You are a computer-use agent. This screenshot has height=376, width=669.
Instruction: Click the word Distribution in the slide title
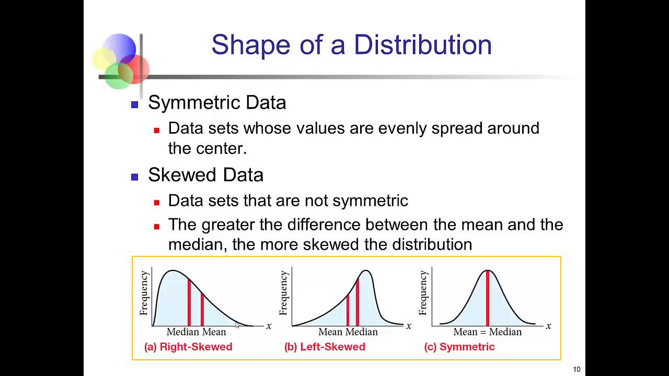[x=423, y=45]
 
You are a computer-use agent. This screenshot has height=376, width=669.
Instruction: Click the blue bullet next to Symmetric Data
[x=135, y=104]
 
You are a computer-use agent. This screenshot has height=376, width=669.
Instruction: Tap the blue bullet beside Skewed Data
[x=135, y=177]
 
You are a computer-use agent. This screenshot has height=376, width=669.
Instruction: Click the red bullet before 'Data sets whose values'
[x=156, y=130]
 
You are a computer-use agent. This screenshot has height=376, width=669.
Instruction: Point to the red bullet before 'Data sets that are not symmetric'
[x=156, y=203]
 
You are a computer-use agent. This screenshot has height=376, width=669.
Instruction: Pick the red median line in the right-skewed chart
[x=189, y=302]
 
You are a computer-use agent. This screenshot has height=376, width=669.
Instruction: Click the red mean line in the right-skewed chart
[x=202, y=310]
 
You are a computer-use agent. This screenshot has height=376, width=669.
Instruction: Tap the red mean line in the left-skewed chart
[x=348, y=310]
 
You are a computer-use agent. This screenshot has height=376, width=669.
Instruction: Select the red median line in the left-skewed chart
[x=357, y=302]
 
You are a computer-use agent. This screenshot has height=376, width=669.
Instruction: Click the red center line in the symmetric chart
[x=488, y=298]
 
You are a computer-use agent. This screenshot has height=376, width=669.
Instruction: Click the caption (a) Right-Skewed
[x=188, y=347]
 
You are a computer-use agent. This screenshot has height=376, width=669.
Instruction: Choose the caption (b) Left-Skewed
[x=325, y=347]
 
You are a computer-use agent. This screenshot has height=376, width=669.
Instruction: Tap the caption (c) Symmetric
[x=459, y=347]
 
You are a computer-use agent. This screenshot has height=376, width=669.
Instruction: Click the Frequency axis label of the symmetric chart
[x=423, y=293]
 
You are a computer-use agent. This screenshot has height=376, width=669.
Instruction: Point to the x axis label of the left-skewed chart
[x=409, y=326]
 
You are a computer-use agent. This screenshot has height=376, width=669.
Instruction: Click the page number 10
[x=576, y=369]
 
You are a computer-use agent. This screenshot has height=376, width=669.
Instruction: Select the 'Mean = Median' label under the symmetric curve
[x=488, y=332]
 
